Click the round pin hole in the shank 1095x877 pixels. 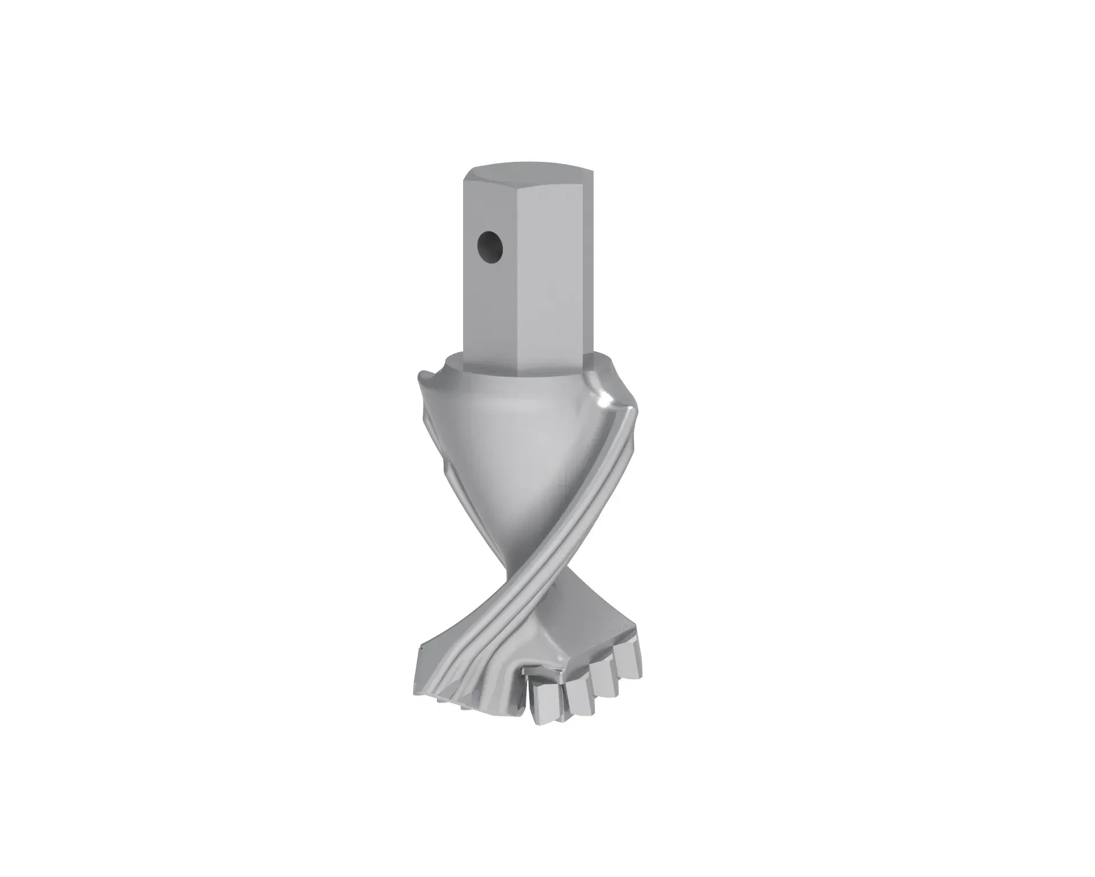490,247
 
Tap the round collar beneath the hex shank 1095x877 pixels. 456,365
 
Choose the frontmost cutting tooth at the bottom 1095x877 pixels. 546,704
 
